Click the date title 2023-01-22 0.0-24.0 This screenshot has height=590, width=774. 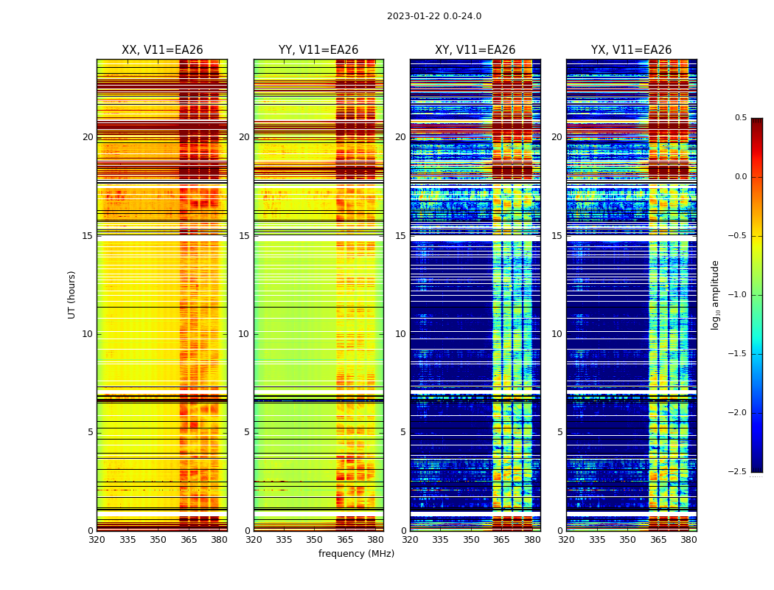click(x=433, y=16)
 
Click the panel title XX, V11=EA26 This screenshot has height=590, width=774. click(x=162, y=50)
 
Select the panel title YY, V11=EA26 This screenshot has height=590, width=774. click(x=318, y=50)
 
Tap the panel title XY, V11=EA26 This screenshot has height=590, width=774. click(x=475, y=50)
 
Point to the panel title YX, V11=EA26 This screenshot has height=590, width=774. click(x=631, y=50)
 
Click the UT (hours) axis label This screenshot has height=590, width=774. click(x=72, y=294)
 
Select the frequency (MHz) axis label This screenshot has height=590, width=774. click(x=356, y=554)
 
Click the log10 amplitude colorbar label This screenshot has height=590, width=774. click(x=715, y=294)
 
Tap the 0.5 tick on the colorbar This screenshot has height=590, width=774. click(x=740, y=118)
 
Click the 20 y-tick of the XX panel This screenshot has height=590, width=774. click(x=88, y=137)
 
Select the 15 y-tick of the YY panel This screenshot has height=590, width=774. click(x=244, y=236)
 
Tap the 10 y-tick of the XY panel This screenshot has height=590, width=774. click(x=400, y=334)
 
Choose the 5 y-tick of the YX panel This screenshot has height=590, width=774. click(x=559, y=432)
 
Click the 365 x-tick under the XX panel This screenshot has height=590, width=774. click(x=189, y=539)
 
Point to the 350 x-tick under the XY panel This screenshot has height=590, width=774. click(x=471, y=539)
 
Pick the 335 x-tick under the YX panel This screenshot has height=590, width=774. click(x=597, y=539)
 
